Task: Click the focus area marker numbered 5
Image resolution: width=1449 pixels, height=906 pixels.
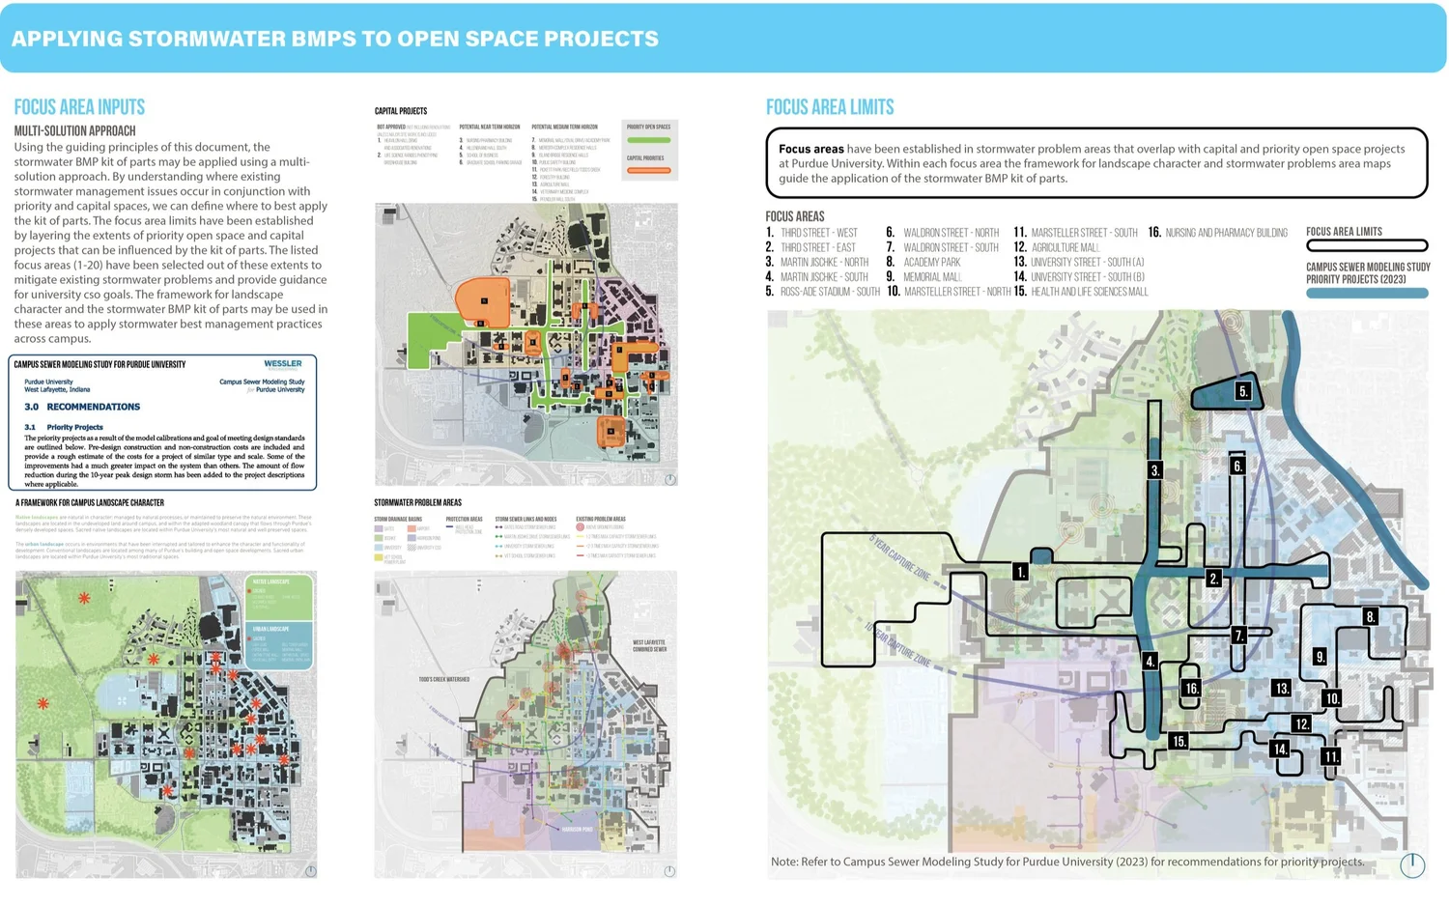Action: point(1243,391)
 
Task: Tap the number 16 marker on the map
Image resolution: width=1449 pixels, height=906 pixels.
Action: point(1191,689)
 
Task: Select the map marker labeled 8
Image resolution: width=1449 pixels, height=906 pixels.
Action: point(1370,616)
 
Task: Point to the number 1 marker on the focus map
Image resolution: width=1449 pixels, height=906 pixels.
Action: point(1020,572)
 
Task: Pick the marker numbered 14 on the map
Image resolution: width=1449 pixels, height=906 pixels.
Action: point(1280,749)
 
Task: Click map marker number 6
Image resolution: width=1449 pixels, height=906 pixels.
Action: point(1237,466)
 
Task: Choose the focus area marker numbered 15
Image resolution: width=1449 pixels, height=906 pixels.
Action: point(1179,741)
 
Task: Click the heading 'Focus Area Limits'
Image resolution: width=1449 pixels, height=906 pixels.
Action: point(830,107)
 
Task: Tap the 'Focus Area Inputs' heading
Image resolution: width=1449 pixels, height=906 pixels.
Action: point(79,107)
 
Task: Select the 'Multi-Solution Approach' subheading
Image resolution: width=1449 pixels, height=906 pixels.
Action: point(74,131)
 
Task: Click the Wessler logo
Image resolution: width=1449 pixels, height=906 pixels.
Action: point(283,364)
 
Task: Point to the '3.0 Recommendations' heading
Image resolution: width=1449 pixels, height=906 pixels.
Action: point(82,407)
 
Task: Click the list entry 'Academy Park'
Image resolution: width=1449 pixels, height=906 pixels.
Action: point(931,262)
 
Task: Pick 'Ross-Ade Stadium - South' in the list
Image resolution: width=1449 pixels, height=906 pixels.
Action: point(829,292)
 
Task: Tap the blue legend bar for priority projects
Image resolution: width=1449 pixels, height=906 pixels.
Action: point(1367,294)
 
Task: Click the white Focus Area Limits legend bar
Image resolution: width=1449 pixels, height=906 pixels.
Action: point(1367,245)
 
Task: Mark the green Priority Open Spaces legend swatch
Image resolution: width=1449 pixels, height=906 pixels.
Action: point(648,140)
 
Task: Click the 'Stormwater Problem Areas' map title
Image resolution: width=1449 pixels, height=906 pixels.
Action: point(417,502)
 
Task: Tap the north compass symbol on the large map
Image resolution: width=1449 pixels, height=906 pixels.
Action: point(1412,864)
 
